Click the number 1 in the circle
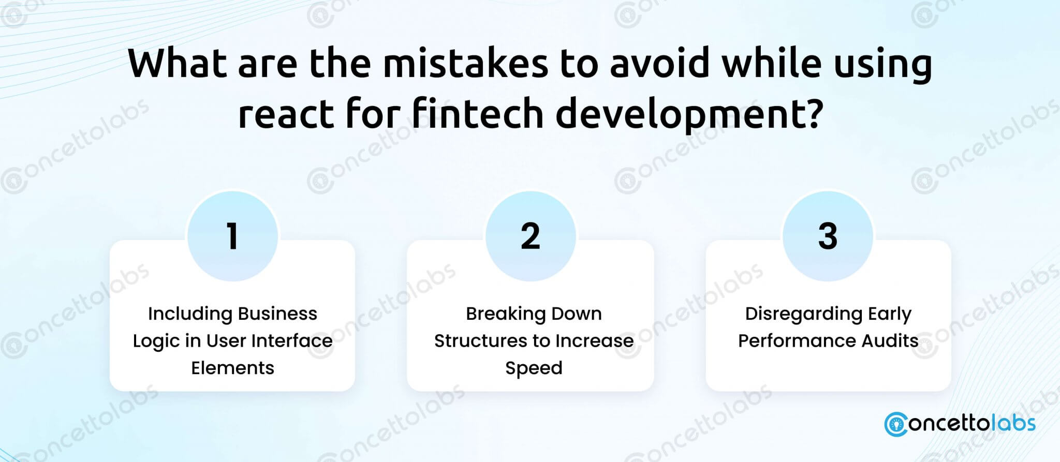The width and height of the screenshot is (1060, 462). pos(232,236)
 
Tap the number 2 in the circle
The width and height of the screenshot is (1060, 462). pos(531,236)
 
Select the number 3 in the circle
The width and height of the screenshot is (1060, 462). pos(828,236)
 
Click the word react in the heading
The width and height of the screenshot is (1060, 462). pos(286,115)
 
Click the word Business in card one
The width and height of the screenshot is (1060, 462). pos(277,314)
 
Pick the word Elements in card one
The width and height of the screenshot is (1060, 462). pos(232,368)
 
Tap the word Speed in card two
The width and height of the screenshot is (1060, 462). pos(534,368)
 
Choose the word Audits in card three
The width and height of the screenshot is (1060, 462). pos(887,340)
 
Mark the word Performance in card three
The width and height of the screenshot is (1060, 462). pos(794,340)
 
